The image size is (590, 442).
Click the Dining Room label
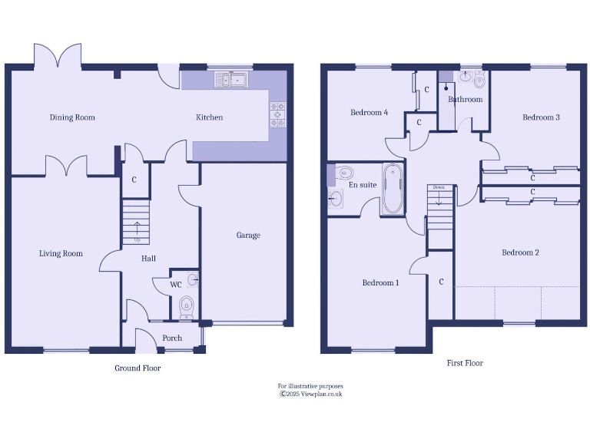72,117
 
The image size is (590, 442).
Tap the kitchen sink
230,79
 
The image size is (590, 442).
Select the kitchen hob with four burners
277,114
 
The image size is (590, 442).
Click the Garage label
248,236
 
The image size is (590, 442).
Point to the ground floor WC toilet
186,308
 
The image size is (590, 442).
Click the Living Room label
61,253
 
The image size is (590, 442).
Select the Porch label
172,338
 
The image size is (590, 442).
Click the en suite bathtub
392,189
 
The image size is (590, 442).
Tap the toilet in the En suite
345,172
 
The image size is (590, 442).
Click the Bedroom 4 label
369,113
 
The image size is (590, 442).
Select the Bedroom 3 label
541,117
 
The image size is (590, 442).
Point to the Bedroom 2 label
520,252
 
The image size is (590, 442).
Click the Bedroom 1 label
380,283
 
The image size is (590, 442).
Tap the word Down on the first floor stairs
439,187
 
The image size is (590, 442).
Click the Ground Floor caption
138,368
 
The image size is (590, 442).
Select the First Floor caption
464,363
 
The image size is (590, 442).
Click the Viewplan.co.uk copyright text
310,394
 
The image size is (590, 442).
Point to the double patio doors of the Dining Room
58,56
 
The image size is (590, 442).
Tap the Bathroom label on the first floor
465,100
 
